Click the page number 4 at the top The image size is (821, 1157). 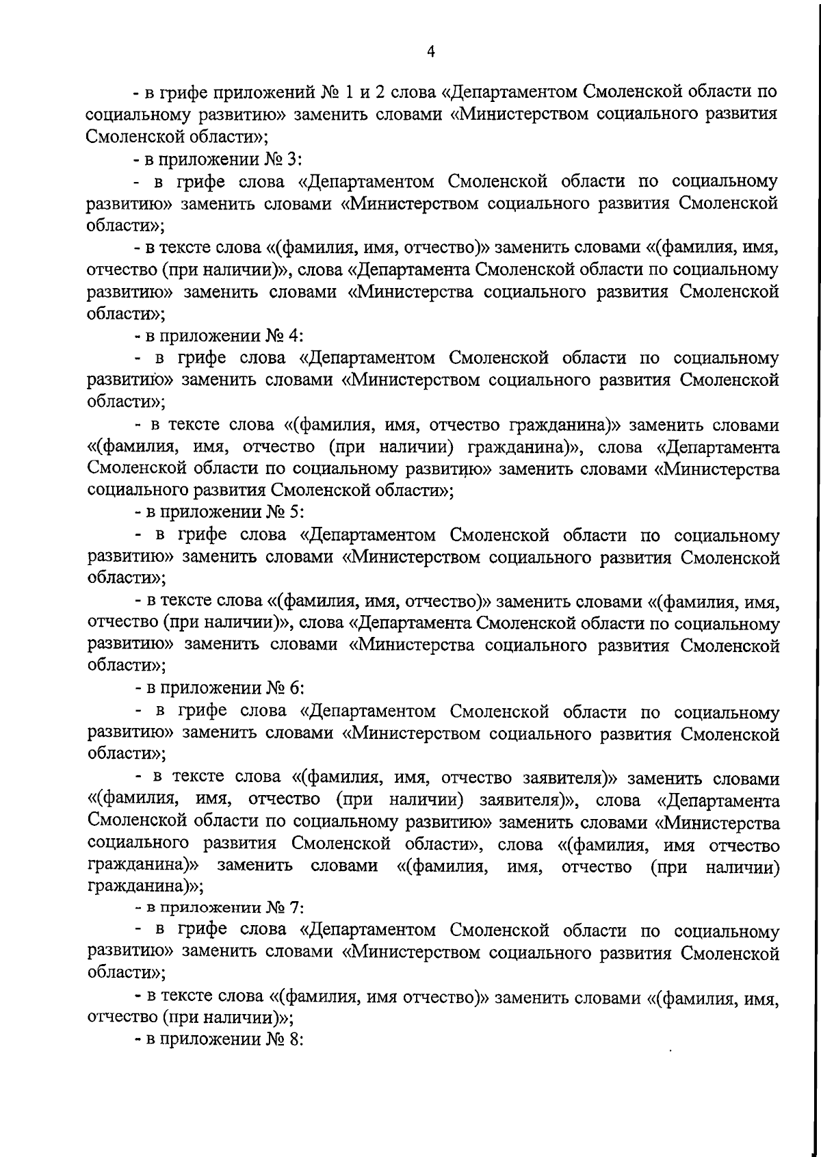(430, 51)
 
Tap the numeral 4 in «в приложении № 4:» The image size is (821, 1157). (293, 336)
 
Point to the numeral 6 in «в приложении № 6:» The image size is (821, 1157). (294, 689)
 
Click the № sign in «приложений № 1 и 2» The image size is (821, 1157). (333, 92)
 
